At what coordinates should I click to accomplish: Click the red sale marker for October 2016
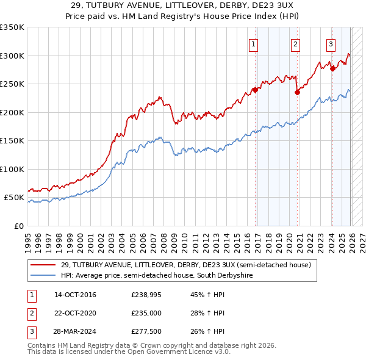pos(254,90)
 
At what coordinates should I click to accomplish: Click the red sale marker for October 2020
pos(297,93)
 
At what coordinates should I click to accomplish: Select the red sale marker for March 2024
pos(332,68)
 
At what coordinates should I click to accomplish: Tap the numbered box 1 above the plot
pos(253,43)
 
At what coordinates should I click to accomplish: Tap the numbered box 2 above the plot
pos(295,43)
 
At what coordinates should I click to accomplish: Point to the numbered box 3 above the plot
pos(331,43)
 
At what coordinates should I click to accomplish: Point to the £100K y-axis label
pos(12,170)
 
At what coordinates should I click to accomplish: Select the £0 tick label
pos(18,226)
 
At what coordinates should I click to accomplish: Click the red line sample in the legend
pos(44,265)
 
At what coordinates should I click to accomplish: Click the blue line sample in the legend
pos(44,276)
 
